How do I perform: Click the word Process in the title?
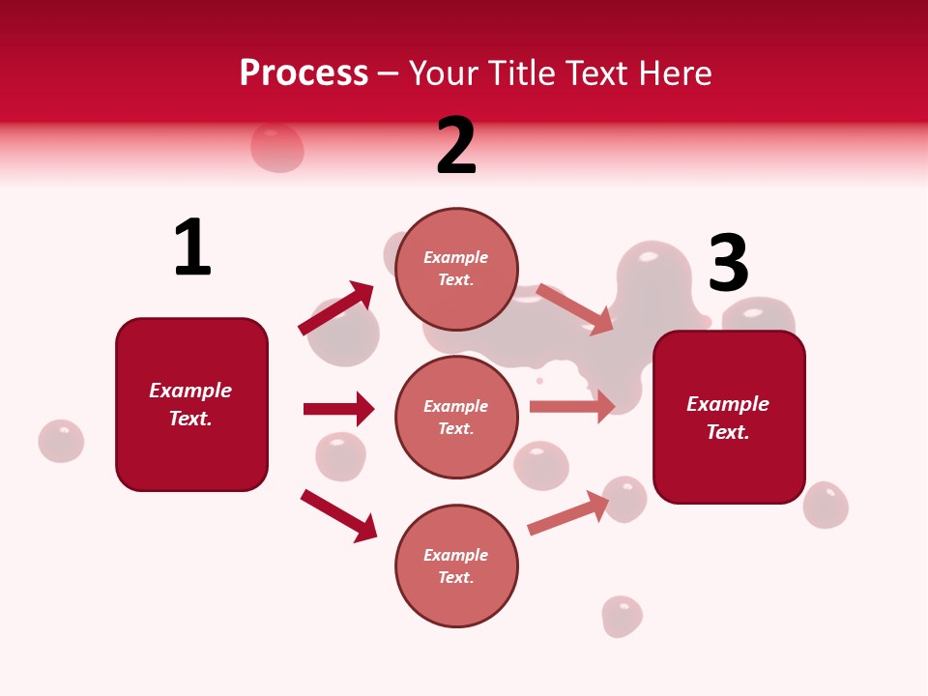304,72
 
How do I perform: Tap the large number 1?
192,247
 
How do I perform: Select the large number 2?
456,146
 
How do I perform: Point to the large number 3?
728,264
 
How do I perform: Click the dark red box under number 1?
191,404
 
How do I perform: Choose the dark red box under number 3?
729,417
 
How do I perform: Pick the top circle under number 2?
456,268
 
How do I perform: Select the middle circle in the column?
456,417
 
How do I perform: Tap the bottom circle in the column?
456,565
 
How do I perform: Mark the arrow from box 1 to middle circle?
338,409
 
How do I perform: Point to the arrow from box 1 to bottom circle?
338,515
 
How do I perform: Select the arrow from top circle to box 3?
575,309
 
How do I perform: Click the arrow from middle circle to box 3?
572,406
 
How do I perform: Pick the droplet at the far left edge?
61,441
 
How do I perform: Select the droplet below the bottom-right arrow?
622,616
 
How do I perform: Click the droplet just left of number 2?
277,147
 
